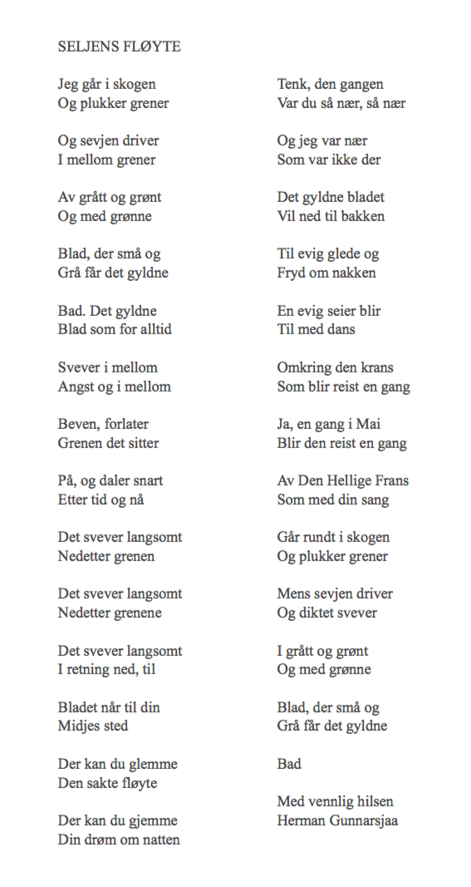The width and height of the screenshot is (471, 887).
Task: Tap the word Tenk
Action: pyautogui.click(x=292, y=85)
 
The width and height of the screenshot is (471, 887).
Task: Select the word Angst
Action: pyautogui.click(x=76, y=387)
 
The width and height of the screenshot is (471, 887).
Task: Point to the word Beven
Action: pyautogui.click(x=78, y=424)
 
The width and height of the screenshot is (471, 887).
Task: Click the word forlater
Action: pyautogui.click(x=126, y=424)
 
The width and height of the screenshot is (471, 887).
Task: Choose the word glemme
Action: pyautogui.click(x=155, y=764)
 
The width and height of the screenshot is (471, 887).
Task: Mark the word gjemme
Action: pyautogui.click(x=155, y=820)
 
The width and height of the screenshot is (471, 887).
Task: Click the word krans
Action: pyautogui.click(x=376, y=367)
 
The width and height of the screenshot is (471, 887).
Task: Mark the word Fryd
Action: pyautogui.click(x=291, y=273)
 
